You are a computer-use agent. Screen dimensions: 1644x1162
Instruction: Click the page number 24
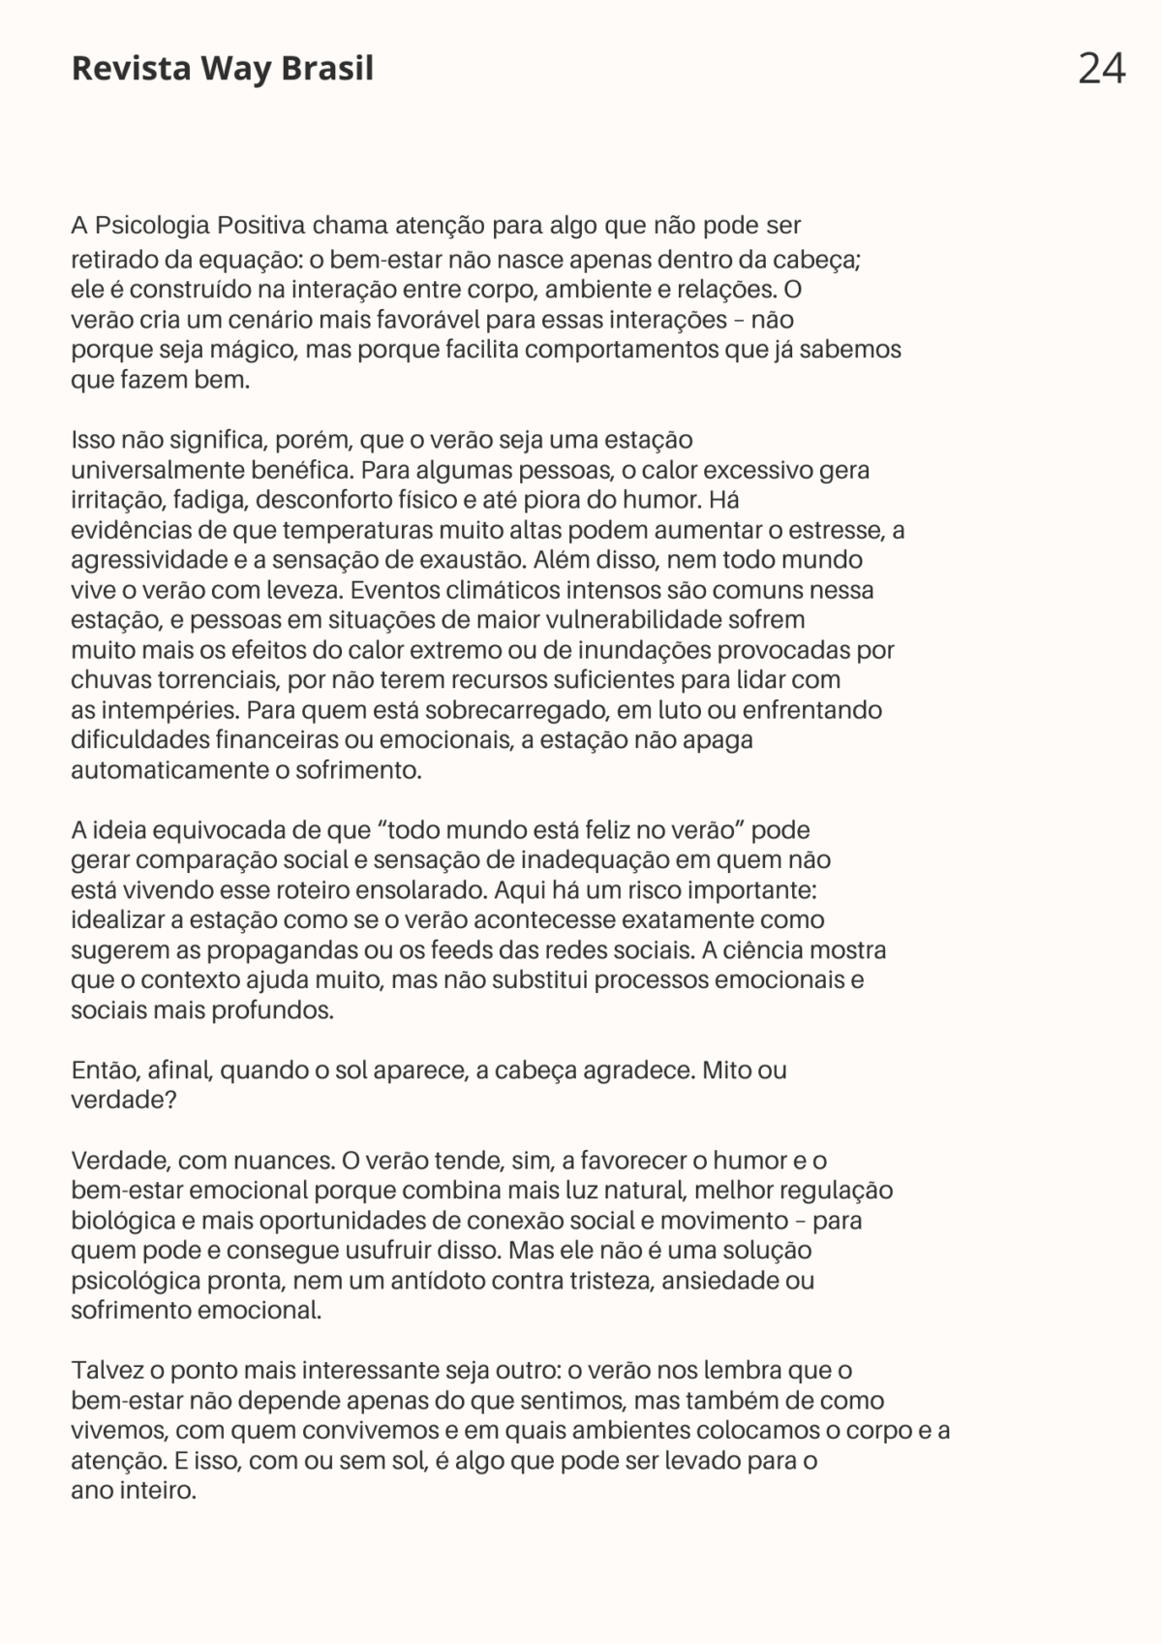1101,69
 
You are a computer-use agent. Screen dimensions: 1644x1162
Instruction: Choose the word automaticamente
159,771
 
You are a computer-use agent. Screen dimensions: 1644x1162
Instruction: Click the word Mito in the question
726,1070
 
